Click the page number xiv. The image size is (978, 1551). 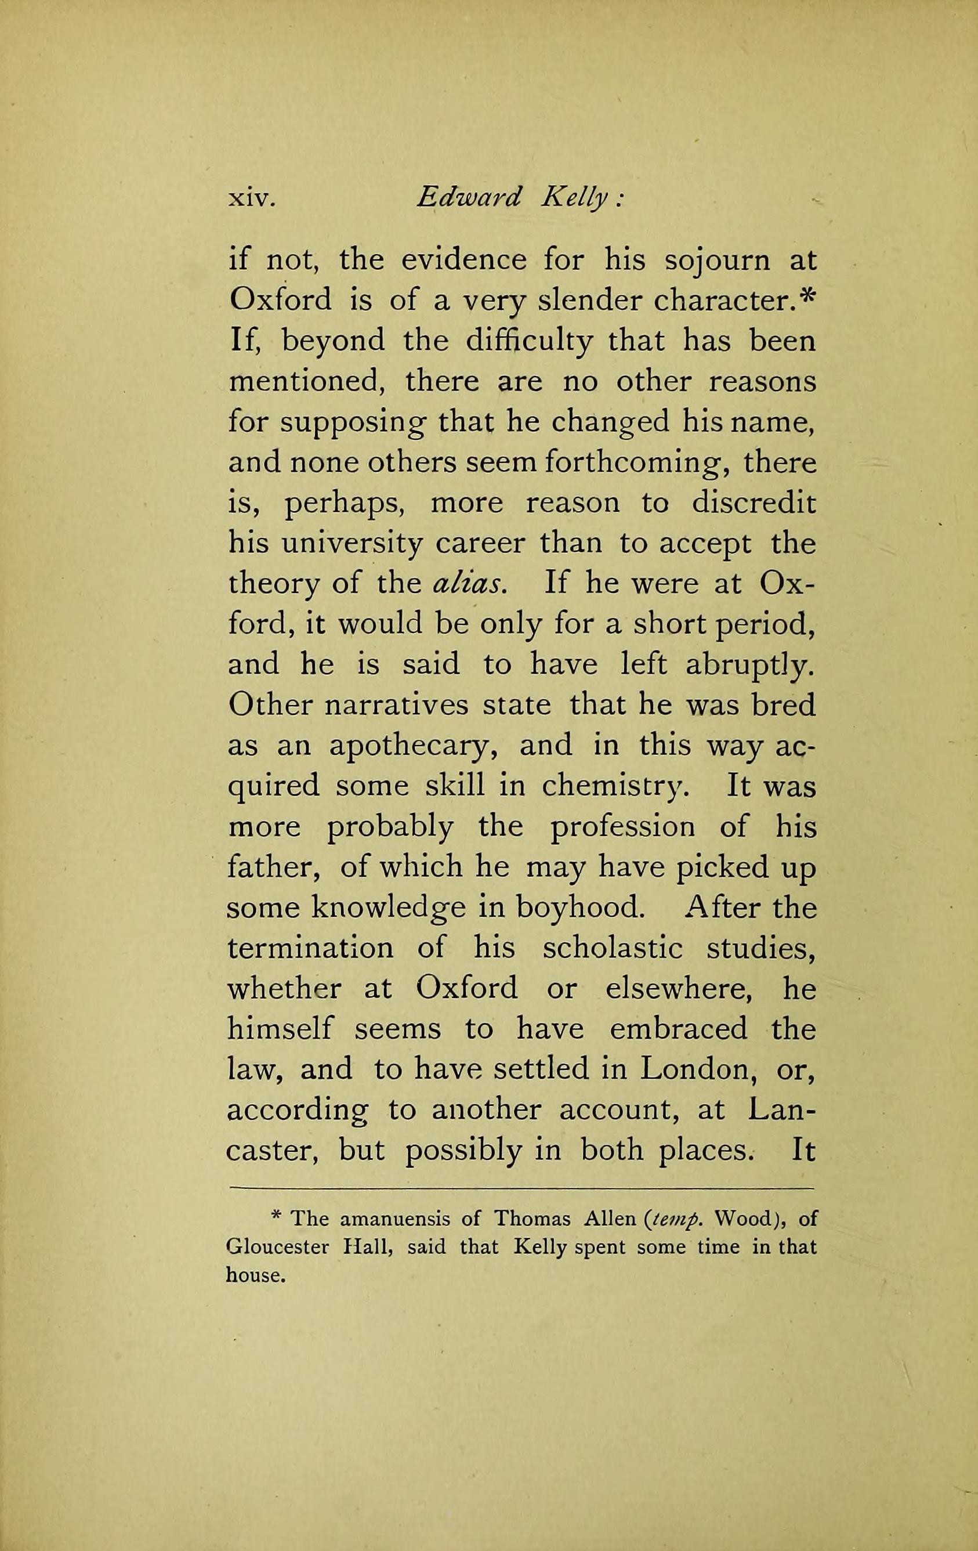point(252,198)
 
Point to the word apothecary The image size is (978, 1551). point(415,747)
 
